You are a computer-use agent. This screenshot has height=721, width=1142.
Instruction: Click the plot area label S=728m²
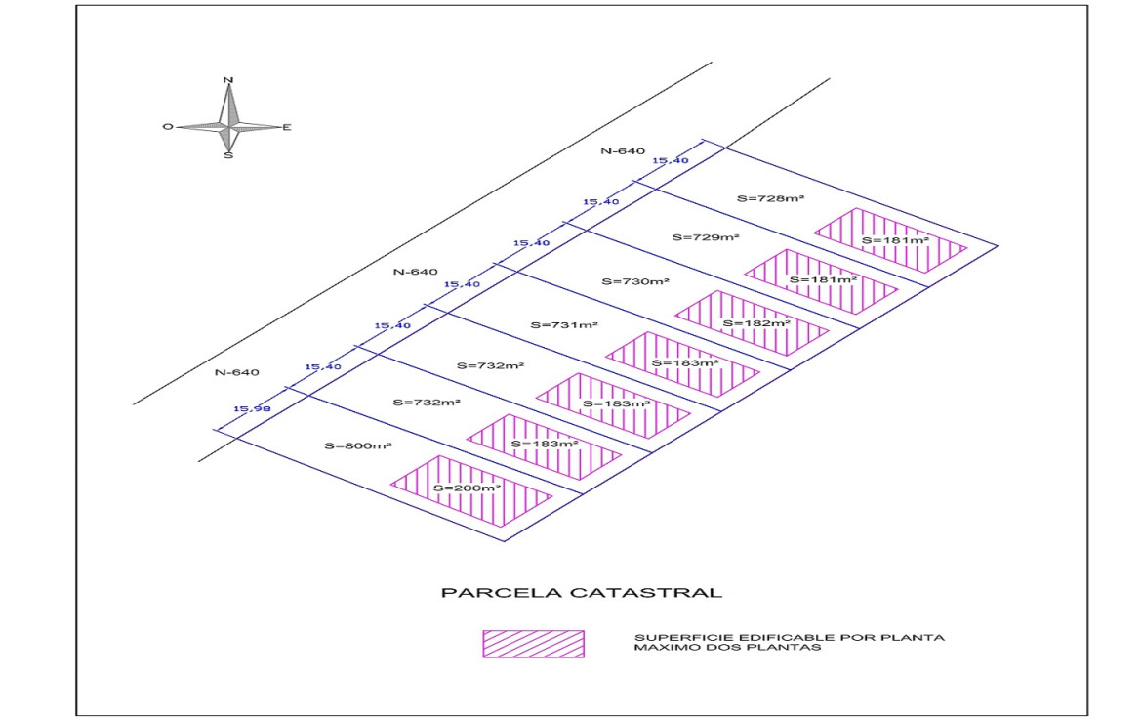tap(770, 198)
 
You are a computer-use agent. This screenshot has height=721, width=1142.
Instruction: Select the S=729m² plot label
tap(706, 237)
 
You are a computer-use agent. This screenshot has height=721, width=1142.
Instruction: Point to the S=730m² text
tap(634, 281)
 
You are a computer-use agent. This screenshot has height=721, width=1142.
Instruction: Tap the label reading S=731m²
tap(563, 324)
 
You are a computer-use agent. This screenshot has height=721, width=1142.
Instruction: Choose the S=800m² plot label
tap(357, 445)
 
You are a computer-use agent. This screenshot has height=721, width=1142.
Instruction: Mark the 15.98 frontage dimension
tap(252, 408)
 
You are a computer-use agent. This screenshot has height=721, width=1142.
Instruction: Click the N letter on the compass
tap(228, 80)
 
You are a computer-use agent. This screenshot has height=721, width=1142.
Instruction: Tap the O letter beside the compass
tap(168, 127)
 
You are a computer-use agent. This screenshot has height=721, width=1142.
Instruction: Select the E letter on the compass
tap(286, 127)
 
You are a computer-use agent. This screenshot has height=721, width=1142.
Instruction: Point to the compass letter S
tap(228, 154)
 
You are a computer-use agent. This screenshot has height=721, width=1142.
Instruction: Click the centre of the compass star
tap(228, 126)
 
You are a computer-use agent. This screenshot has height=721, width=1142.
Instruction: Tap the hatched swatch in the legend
tap(533, 644)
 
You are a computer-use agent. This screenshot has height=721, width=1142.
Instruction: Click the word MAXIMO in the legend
tap(660, 648)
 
